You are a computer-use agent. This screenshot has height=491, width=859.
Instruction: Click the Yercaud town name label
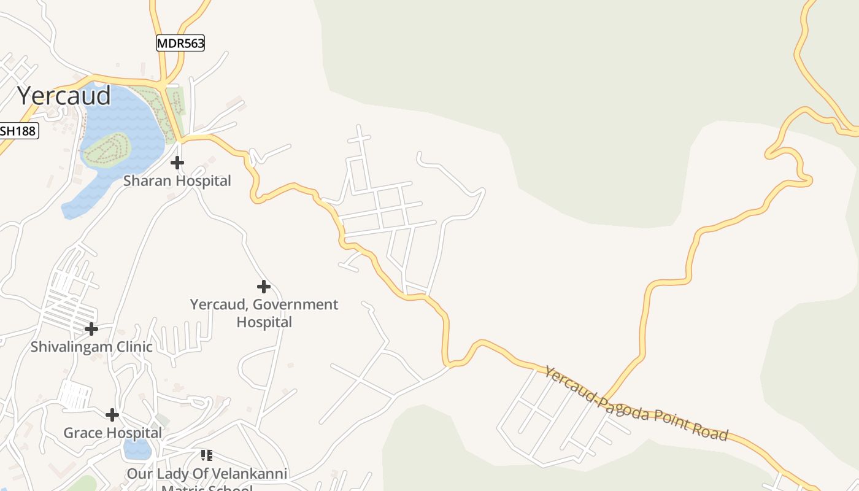point(64,96)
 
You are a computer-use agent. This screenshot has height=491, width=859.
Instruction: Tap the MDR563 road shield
point(180,43)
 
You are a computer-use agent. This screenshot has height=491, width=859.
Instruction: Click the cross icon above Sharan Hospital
point(177,163)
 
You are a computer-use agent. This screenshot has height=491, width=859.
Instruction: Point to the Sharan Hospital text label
point(177,181)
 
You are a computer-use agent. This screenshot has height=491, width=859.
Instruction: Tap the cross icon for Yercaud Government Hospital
point(264,287)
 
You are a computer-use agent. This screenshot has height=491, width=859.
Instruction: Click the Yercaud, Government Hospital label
point(264,313)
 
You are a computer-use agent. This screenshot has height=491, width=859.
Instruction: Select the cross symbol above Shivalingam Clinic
point(91,329)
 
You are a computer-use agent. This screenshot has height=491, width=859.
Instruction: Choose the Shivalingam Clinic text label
point(91,347)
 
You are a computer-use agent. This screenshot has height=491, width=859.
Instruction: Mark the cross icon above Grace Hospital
point(112,415)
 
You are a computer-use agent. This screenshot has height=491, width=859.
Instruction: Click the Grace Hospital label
point(113,433)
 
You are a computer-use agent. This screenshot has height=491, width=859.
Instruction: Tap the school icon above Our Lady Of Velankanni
point(207,455)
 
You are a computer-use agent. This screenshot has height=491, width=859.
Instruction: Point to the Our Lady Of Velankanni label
point(207,474)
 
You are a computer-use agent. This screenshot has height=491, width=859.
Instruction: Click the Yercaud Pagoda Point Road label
point(636,404)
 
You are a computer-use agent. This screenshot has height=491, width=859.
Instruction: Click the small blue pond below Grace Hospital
point(137,450)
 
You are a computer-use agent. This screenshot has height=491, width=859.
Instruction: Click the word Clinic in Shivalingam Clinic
point(132,347)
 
